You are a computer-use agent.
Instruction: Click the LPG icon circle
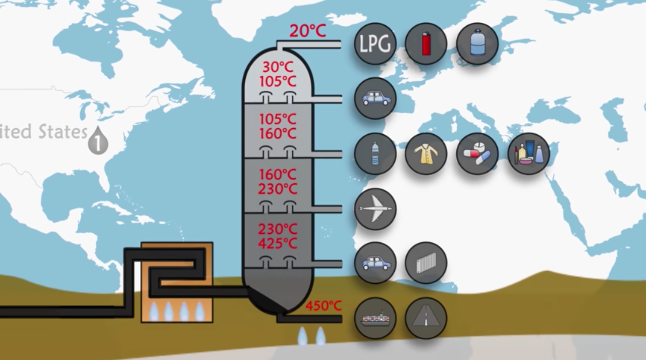375,44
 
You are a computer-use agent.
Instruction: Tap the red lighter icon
426,44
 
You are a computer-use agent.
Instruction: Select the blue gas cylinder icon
477,44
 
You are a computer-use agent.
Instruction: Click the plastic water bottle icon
375,153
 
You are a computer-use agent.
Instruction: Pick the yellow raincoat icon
426,153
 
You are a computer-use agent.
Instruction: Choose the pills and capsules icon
477,153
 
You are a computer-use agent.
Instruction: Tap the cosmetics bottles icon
528,153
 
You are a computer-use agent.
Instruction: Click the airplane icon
375,209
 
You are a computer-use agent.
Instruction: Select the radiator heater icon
426,263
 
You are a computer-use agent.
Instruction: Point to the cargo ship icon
375,318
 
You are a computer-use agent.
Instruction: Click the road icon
426,318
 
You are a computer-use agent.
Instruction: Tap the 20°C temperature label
307,31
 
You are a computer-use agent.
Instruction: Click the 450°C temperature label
324,305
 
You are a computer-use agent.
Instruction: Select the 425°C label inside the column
278,243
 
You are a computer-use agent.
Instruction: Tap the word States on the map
63,132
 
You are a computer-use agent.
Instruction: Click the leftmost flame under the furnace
154,311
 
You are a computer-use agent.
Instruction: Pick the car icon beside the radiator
375,263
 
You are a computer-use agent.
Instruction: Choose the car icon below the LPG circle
375,98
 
